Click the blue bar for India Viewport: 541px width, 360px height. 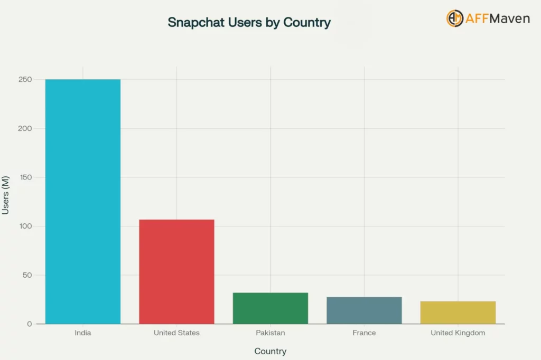click(x=83, y=201)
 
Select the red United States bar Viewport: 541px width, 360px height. click(x=176, y=271)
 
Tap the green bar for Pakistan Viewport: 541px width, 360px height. click(x=270, y=308)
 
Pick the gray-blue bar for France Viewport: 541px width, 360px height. click(x=364, y=310)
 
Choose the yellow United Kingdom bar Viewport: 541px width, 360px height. click(x=458, y=312)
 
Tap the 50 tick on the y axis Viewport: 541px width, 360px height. click(x=26, y=275)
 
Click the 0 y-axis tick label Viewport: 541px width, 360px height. click(x=30, y=324)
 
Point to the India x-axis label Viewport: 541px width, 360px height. click(x=83, y=333)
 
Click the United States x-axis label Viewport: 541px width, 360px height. click(x=176, y=333)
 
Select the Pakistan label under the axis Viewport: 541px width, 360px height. click(x=270, y=333)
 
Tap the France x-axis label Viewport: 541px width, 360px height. click(x=364, y=333)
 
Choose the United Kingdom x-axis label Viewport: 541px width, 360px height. click(x=458, y=333)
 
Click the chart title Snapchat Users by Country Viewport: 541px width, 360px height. click(x=249, y=23)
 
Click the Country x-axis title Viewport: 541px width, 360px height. click(x=270, y=352)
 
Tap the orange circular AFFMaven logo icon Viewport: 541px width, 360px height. click(x=454, y=18)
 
